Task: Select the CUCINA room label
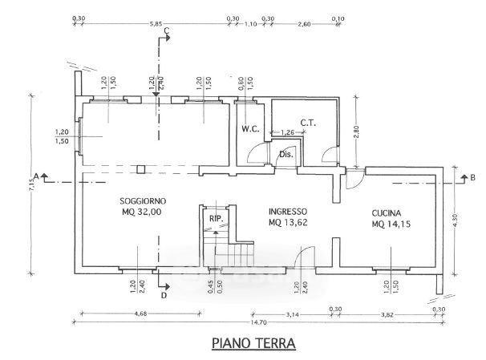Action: [x=391, y=212]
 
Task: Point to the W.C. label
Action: [x=249, y=128]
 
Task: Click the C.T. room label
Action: [x=310, y=123]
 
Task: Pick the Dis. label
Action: [x=286, y=155]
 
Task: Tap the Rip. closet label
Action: [x=215, y=218]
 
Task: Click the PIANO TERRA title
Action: [x=253, y=344]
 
